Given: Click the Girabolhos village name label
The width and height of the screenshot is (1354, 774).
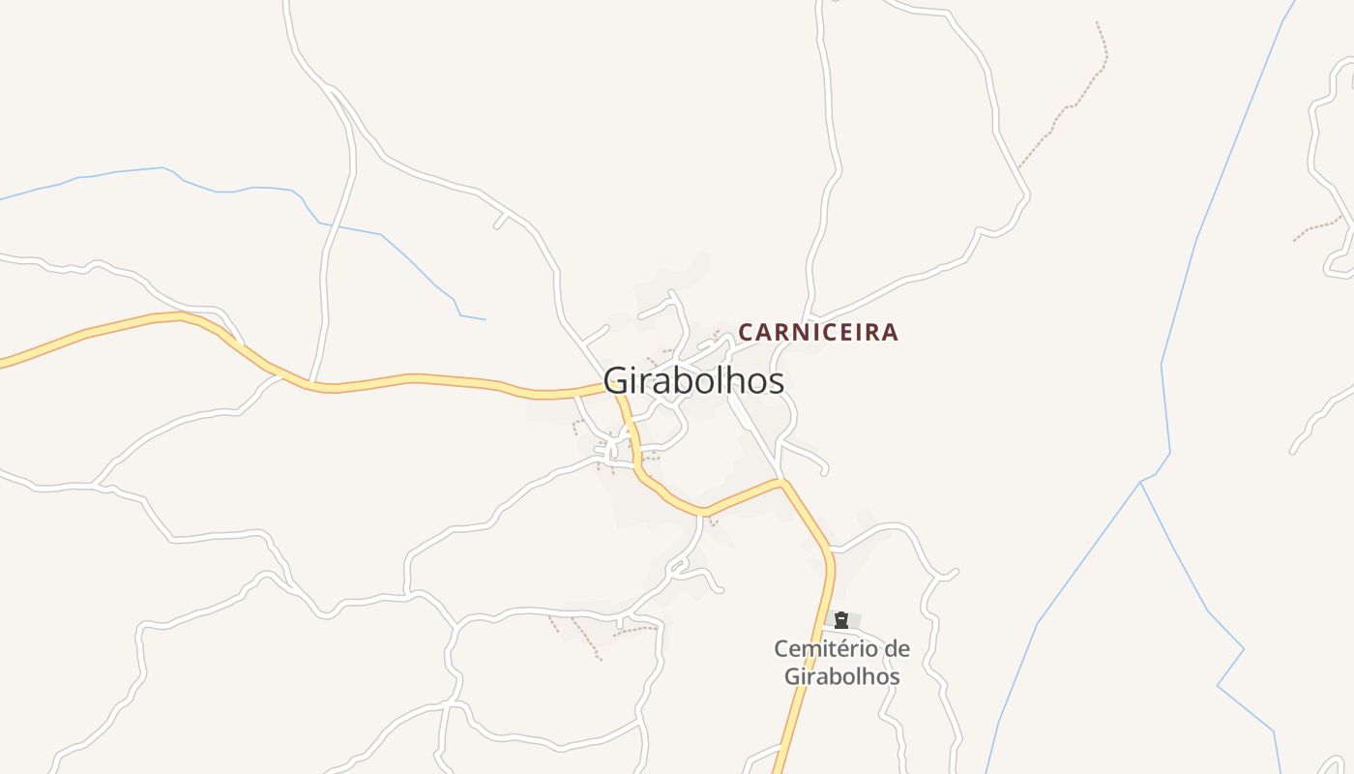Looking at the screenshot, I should [x=693, y=380].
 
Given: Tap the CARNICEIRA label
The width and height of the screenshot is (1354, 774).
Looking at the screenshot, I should [x=818, y=332].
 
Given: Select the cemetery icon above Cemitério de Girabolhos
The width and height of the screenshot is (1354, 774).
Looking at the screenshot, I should [x=841, y=620].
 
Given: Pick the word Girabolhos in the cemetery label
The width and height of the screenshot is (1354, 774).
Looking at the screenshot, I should [x=841, y=676].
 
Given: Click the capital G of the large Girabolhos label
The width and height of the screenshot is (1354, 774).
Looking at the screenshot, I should [x=615, y=380].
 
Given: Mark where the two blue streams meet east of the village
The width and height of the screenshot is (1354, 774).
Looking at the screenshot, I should [x=1141, y=482].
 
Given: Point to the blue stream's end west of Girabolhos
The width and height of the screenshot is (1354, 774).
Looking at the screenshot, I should [x=485, y=319].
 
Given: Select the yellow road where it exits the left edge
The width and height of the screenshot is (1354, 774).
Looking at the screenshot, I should [x=3, y=364].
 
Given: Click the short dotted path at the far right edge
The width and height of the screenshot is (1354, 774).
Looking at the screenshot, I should [x=1317, y=230].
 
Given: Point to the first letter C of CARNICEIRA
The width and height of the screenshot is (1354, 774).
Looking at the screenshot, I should [x=746, y=332].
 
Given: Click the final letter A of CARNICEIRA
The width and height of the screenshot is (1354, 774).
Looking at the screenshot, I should [x=890, y=332].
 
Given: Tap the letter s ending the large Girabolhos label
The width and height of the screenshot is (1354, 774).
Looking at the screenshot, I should [x=777, y=380].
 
